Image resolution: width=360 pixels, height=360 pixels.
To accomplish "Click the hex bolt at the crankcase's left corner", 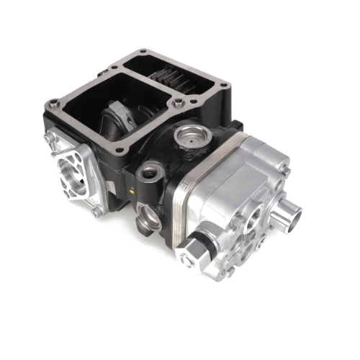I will (53, 104).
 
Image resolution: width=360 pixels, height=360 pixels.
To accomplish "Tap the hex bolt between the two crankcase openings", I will (177, 105).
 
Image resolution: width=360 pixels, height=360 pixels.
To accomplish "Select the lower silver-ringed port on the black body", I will (150, 215).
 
